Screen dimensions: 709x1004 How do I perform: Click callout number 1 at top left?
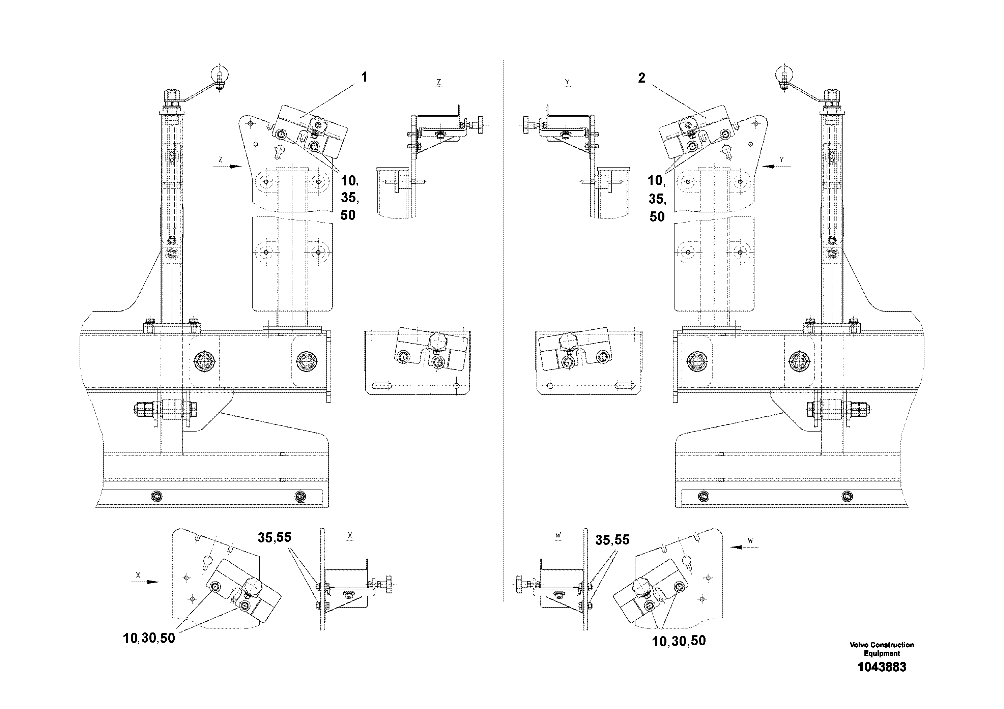[364, 77]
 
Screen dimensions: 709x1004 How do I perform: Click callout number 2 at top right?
[641, 78]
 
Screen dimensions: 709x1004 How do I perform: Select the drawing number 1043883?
[882, 667]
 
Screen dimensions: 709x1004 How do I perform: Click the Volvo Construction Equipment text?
[882, 649]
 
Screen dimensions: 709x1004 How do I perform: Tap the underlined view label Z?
[438, 82]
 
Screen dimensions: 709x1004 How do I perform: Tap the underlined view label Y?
[567, 82]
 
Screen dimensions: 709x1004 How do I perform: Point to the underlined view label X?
[349, 535]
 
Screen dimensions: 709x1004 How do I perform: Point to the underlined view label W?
[558, 535]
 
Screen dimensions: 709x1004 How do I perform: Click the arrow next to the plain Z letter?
[235, 167]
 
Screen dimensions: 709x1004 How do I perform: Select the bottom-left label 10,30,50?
[149, 639]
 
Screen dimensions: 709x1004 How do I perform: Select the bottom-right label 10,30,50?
[679, 641]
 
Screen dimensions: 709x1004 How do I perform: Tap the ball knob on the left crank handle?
[220, 73]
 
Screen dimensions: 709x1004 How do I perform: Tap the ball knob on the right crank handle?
[784, 73]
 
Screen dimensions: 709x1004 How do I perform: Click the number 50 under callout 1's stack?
[348, 215]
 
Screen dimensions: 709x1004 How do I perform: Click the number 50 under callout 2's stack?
[657, 217]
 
